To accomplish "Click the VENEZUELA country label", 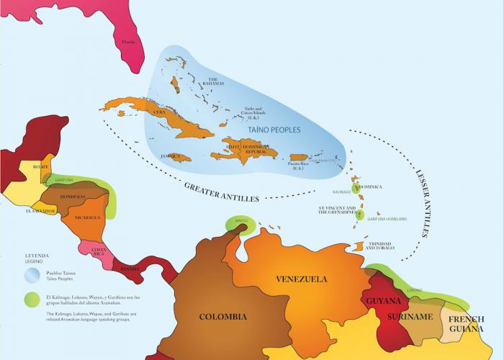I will tap(302, 279).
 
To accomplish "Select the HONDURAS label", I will tap(74, 197).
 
